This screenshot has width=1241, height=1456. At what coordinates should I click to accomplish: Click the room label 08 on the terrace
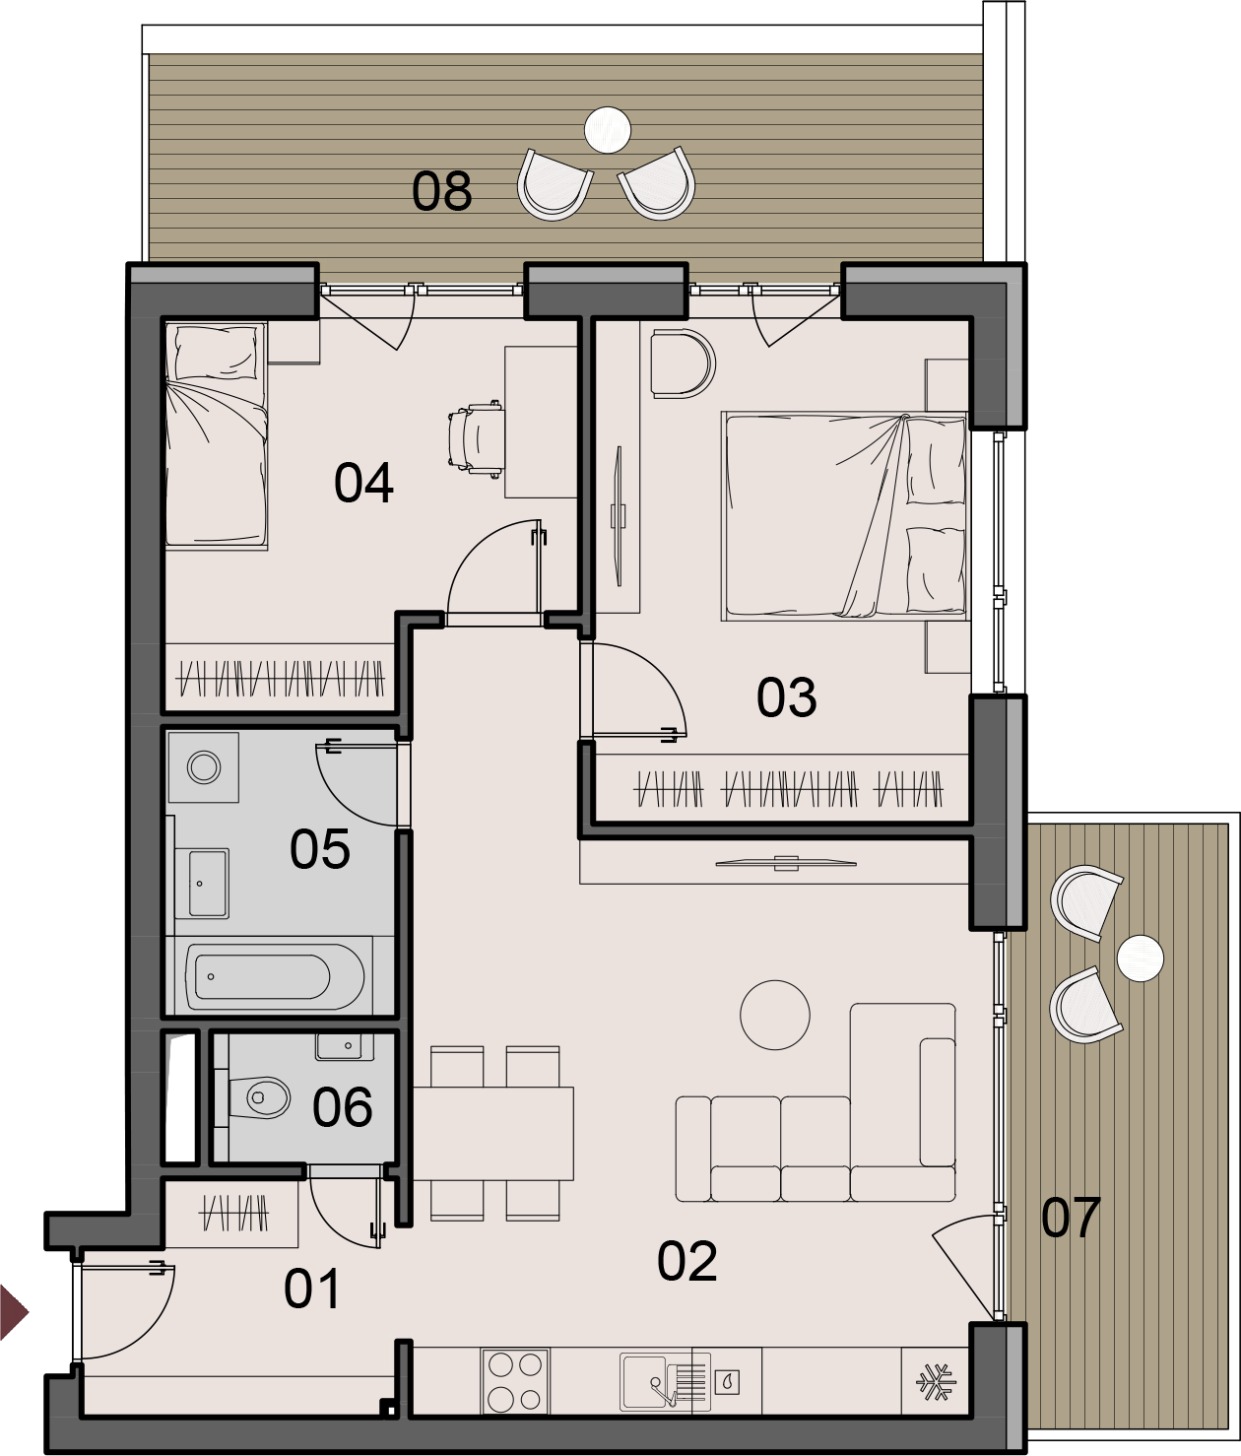pos(441,191)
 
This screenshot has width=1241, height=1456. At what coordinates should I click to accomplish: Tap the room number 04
pos(363,483)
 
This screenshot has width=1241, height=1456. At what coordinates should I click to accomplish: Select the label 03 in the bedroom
pos(787,697)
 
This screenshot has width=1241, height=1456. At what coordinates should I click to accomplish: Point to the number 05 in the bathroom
pos(320,849)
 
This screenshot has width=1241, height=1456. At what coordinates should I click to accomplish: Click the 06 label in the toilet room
pos(343,1106)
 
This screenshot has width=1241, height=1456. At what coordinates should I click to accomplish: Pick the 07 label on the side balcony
pos(1071,1218)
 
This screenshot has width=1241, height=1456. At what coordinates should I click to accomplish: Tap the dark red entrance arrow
pos(14,1312)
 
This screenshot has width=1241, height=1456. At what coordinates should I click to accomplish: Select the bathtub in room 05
pos(275,976)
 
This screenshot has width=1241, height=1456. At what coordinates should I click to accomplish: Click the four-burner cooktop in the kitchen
pos(515,1381)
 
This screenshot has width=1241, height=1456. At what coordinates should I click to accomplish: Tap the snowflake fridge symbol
pos(936,1382)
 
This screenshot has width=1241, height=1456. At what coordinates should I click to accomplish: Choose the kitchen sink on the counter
pos(664,1382)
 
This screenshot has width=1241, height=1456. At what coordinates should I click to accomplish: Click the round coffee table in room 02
pos(775,1015)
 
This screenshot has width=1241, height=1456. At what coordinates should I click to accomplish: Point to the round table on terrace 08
pos(608,130)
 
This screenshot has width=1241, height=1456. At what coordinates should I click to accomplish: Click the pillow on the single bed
pos(217,353)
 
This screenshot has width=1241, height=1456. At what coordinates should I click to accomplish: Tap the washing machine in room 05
pos(204,767)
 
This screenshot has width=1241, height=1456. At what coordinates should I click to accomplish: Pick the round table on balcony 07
pos(1141,959)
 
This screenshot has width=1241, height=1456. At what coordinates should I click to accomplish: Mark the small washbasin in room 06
pos(345,1047)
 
